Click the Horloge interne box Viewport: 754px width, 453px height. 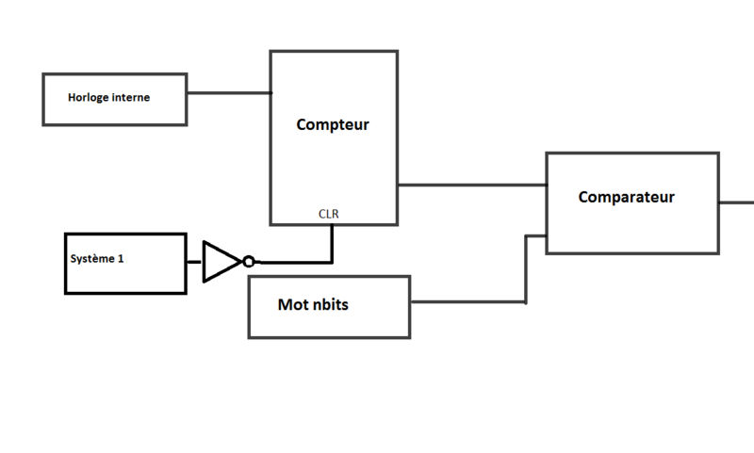point(114,98)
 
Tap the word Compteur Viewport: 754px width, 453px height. point(333,124)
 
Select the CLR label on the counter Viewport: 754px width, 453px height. point(329,214)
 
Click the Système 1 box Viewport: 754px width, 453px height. point(124,263)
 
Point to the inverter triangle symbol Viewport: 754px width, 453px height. point(221,261)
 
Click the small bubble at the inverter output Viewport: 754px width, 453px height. point(248,262)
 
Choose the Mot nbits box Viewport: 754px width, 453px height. point(329,307)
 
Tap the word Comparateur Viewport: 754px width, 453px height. point(626,197)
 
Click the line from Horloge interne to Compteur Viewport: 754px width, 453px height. point(228,93)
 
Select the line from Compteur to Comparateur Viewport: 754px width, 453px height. point(471,185)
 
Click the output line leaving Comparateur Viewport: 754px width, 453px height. point(737,202)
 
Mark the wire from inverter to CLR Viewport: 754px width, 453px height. point(302,262)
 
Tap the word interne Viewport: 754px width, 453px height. point(131,97)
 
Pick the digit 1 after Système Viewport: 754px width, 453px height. point(121,258)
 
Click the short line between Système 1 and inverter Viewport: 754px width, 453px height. point(194,262)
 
